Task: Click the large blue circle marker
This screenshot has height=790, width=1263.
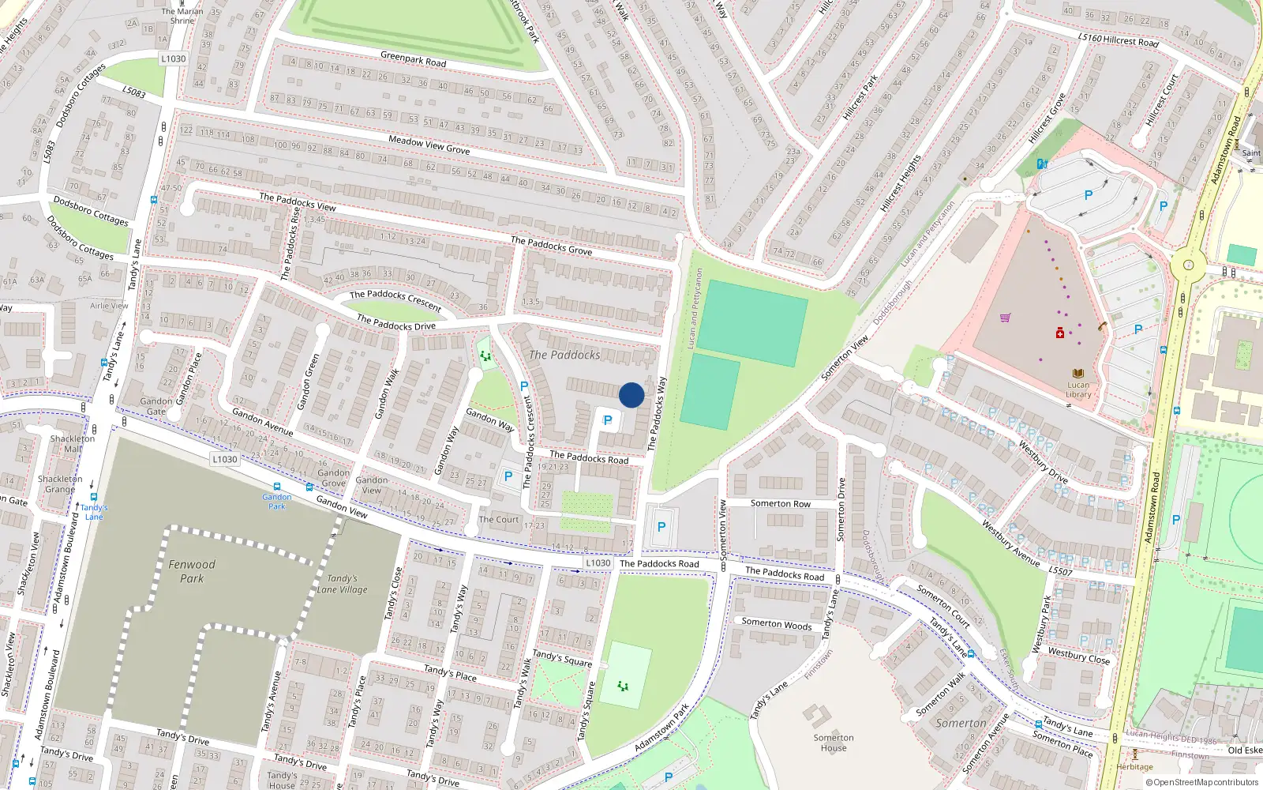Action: click(x=631, y=395)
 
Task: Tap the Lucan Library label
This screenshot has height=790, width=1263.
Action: click(x=1078, y=389)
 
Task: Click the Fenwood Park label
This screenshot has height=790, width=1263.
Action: click(x=192, y=571)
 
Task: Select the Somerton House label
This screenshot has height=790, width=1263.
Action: click(x=834, y=743)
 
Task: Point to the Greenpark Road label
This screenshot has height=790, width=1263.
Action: click(x=413, y=59)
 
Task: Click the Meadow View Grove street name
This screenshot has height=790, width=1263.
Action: click(x=429, y=145)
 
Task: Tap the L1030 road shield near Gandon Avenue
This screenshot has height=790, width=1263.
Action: click(x=225, y=459)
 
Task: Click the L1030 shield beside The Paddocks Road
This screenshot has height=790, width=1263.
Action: click(x=598, y=563)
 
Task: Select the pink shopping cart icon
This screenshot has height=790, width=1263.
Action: click(x=1005, y=318)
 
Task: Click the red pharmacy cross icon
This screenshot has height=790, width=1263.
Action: click(x=1059, y=333)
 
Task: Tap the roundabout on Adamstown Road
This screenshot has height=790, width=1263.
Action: click(x=1186, y=266)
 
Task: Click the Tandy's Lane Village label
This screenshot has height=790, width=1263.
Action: click(x=343, y=584)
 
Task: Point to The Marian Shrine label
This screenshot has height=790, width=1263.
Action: click(x=182, y=16)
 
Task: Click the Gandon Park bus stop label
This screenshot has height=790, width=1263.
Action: click(x=277, y=501)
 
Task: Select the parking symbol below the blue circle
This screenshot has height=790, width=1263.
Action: click(x=608, y=420)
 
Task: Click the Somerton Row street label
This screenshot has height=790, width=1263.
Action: click(x=780, y=503)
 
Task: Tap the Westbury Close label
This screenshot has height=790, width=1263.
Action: click(x=1078, y=656)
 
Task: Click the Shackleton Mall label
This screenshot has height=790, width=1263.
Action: click(x=73, y=443)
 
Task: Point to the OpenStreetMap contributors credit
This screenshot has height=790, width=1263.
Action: click(x=1201, y=782)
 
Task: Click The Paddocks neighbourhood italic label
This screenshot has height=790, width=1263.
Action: click(x=564, y=355)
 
